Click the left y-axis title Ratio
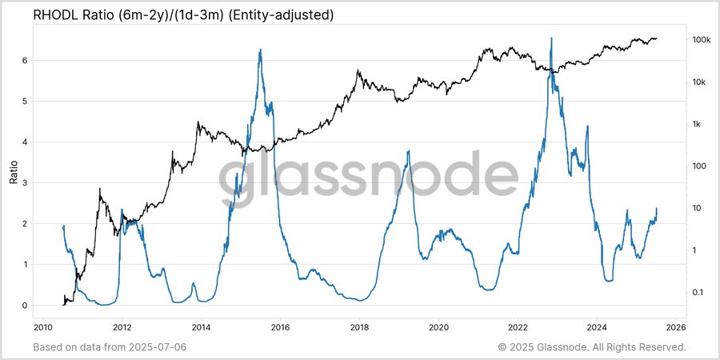click(x=14, y=171)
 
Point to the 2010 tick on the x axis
click(x=43, y=328)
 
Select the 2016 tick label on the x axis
click(x=280, y=328)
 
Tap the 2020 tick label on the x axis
click(x=438, y=328)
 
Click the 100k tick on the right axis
click(x=702, y=40)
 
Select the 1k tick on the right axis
click(x=696, y=124)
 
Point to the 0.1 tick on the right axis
click(x=697, y=292)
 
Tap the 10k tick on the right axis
click(x=699, y=82)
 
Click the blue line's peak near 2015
click(x=260, y=50)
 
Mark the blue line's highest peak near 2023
click(x=551, y=38)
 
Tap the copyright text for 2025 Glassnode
click(x=592, y=347)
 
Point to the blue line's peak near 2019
click(x=409, y=150)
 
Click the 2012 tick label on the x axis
click(x=122, y=328)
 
